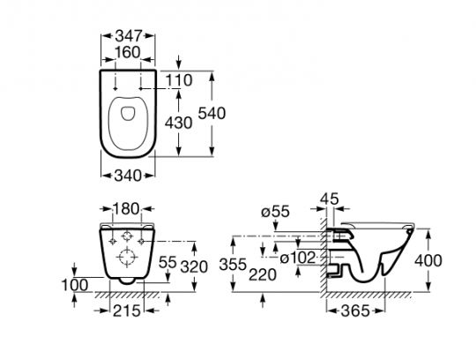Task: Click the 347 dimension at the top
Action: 129,36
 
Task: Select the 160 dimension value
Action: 128,53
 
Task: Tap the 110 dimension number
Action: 179,80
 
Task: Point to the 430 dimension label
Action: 178,123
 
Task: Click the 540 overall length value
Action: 212,113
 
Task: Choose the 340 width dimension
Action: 128,176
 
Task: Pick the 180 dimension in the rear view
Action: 126,209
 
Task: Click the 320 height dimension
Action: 194,267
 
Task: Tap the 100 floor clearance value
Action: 75,285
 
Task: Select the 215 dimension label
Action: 127,311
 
